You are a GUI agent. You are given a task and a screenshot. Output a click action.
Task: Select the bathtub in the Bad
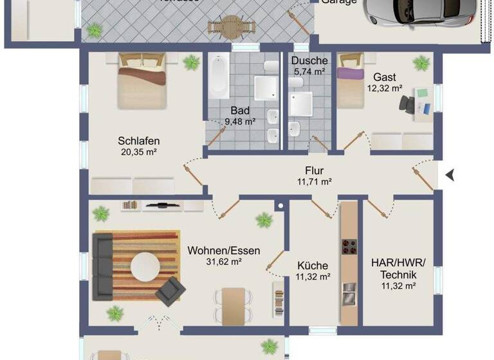(x=219, y=75)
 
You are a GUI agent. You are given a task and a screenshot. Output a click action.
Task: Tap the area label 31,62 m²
(x=224, y=262)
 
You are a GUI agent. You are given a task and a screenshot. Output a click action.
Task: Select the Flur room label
(x=314, y=171)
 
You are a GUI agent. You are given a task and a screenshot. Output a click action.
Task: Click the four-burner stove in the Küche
(x=348, y=248)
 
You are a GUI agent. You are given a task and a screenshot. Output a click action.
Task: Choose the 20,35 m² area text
(x=138, y=152)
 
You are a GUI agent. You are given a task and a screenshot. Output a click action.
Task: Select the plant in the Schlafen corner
(x=191, y=62)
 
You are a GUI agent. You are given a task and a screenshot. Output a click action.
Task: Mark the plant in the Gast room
(x=421, y=63)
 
